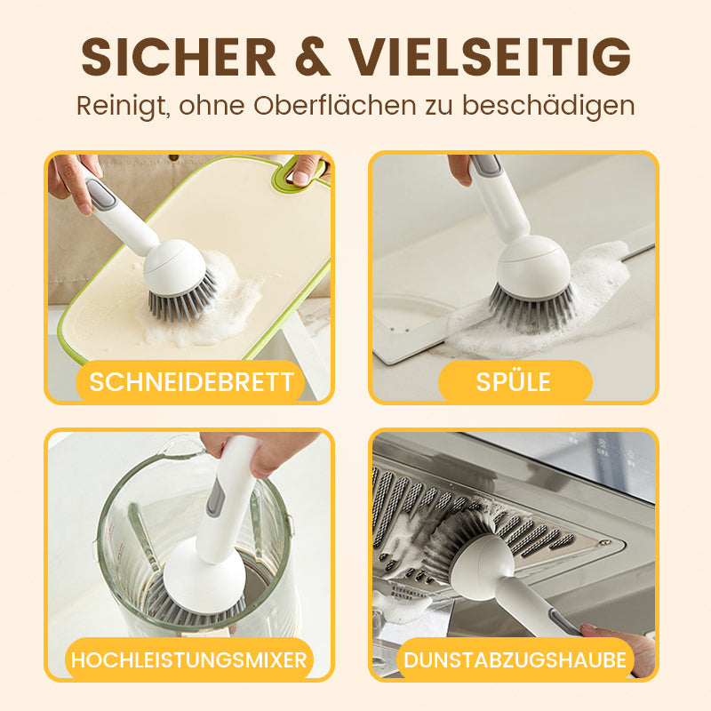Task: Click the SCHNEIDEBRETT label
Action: (x=191, y=382)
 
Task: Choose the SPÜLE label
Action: (x=514, y=382)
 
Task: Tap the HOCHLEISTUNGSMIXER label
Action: (x=189, y=659)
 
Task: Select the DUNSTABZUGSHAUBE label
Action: (x=515, y=659)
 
